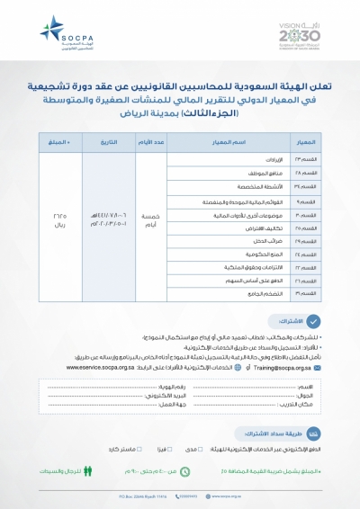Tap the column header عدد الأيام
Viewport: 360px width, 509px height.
click(149, 144)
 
